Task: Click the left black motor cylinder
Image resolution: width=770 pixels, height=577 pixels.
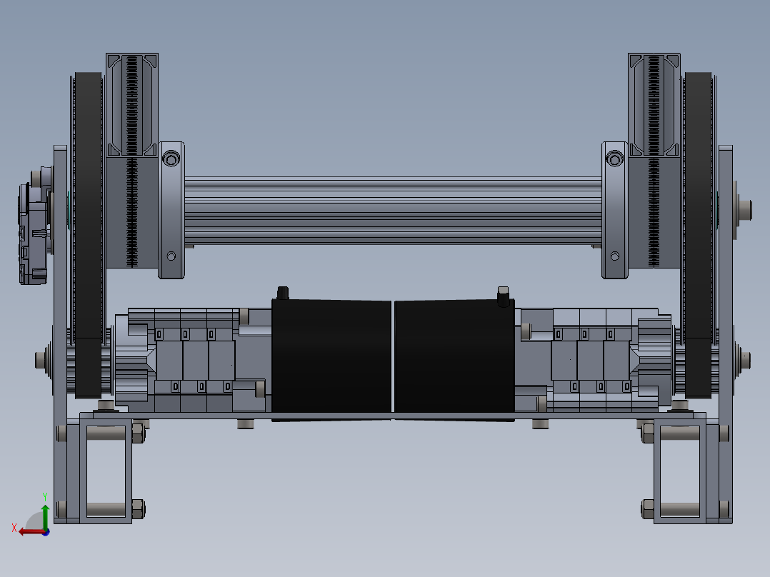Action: coord(331,357)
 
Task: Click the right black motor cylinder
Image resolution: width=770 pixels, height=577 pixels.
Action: coord(454,357)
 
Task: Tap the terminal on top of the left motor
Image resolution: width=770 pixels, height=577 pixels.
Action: coord(282,292)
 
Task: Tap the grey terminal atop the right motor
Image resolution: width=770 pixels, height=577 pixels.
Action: coord(502,293)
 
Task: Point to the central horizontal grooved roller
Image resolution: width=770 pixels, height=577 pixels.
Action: coord(393,211)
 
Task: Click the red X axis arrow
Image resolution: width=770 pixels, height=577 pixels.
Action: coord(29,531)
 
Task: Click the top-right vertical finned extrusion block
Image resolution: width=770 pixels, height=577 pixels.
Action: coord(654,104)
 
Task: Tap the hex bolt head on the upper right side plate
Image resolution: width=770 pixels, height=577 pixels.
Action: coord(746,209)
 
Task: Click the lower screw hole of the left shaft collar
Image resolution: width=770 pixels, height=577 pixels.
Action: coord(171,256)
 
